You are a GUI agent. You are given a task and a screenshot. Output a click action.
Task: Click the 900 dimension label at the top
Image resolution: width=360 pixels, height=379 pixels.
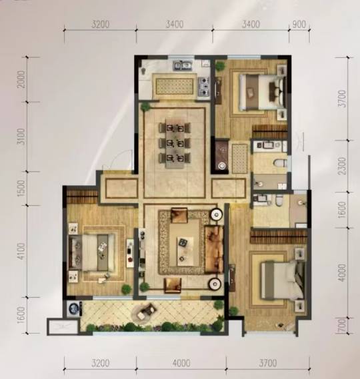(x=299, y=24)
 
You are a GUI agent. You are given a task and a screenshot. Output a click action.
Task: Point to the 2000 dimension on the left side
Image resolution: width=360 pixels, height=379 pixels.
(x=21, y=79)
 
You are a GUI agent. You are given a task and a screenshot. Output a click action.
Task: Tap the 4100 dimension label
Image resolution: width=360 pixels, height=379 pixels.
(x=21, y=251)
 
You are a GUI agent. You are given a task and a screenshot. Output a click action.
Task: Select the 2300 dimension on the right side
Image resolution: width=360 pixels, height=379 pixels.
(x=343, y=166)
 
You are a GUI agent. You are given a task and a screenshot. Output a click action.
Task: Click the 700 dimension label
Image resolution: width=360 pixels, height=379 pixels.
(x=343, y=326)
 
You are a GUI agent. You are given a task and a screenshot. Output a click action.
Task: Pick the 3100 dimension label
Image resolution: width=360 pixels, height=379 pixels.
(x=21, y=137)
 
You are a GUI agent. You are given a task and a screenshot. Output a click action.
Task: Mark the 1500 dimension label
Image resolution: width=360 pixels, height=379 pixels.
(x=21, y=188)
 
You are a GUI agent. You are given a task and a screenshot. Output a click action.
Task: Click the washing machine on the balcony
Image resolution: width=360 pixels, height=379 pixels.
(x=73, y=308)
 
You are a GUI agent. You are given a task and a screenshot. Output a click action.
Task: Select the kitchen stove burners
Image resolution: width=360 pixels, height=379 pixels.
(x=204, y=86)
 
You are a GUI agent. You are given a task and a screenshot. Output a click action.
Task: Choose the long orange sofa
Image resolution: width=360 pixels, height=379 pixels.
(x=214, y=249)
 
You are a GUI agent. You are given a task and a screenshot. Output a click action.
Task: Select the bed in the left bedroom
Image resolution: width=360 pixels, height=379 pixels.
(x=92, y=252)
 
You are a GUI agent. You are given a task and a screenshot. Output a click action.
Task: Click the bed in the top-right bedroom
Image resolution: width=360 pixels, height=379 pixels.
(x=262, y=92)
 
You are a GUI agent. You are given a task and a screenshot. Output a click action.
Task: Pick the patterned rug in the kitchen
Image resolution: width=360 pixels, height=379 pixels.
(x=174, y=86)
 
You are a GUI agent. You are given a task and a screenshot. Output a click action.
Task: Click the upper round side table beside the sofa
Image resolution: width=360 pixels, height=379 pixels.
(x=216, y=214)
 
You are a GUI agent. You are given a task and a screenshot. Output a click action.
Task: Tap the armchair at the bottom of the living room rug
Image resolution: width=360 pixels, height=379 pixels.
(x=173, y=285)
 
